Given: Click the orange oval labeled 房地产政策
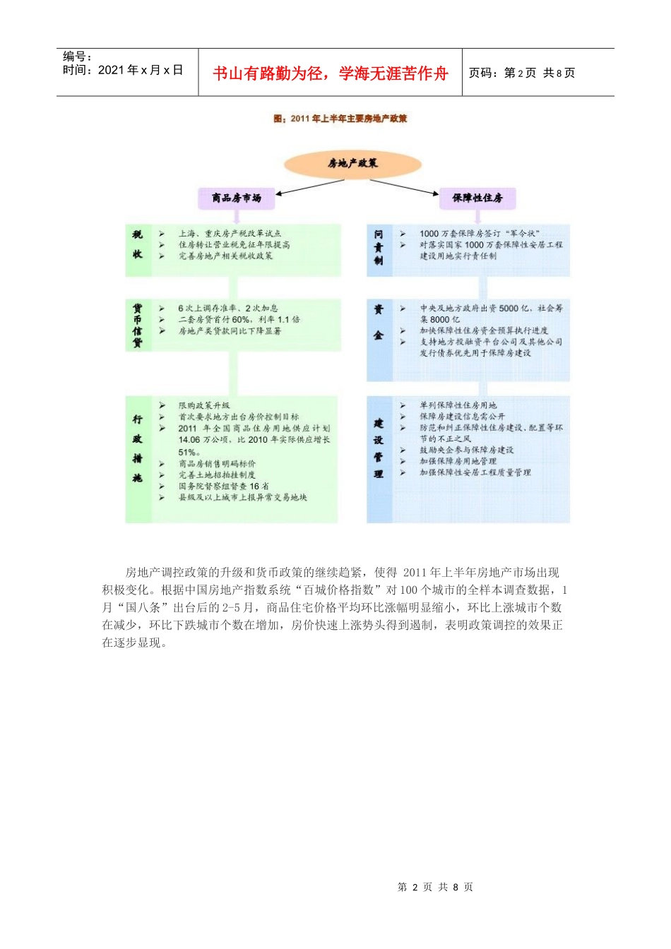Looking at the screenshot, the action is pos(352,164).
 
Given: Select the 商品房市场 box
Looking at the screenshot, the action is pos(237,198).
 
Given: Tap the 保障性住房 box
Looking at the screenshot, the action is pos(477,198).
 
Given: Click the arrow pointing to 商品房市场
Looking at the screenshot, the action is pos(311,186).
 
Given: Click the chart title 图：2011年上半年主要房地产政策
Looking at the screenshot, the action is pos(340,119).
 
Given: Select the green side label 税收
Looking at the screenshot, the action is pos(138,244).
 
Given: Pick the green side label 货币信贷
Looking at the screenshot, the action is pos(138,326).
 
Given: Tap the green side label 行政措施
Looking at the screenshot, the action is pos(138,449).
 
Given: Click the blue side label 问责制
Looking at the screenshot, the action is pos(379,246).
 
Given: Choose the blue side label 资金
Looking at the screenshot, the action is pos(379,323).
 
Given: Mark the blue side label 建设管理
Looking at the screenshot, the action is pos(379,448).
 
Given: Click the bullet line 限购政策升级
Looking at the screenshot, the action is pos(204,406).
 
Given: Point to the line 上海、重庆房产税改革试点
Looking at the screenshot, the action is pos(230,234).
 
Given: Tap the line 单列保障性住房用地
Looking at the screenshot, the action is pos(458,406).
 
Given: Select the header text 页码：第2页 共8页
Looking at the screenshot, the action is pos(522,73).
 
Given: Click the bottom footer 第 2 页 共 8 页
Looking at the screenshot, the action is pos(435,888).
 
